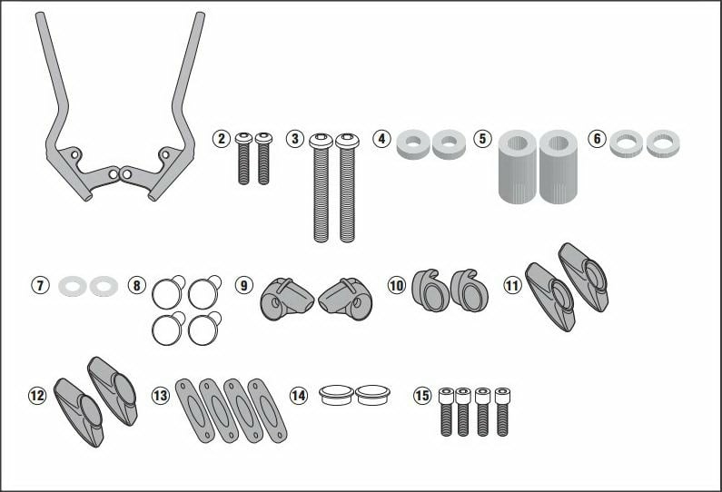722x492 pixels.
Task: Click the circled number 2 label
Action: click(222, 139)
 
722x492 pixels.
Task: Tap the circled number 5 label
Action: click(482, 139)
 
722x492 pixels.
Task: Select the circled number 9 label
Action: click(243, 285)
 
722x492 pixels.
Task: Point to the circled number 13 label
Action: click(160, 396)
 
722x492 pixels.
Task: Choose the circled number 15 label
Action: click(421, 396)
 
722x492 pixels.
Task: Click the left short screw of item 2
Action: click(243, 158)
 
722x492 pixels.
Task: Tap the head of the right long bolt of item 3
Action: click(347, 141)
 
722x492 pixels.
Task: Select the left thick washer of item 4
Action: click(413, 144)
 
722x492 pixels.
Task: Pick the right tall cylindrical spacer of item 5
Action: click(559, 167)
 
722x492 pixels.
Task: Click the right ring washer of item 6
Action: click(663, 143)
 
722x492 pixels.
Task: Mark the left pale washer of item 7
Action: click(73, 286)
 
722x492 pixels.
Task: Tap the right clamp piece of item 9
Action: click(346, 300)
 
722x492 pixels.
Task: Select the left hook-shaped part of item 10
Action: click(430, 290)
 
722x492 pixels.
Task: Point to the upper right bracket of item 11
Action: click(584, 277)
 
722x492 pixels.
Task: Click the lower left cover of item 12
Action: click(80, 412)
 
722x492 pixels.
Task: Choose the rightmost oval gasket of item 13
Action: click(267, 410)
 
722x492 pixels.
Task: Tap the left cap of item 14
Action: click(337, 395)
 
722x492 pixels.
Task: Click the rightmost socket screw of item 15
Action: click(502, 411)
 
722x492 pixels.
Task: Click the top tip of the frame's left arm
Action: click(40, 14)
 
